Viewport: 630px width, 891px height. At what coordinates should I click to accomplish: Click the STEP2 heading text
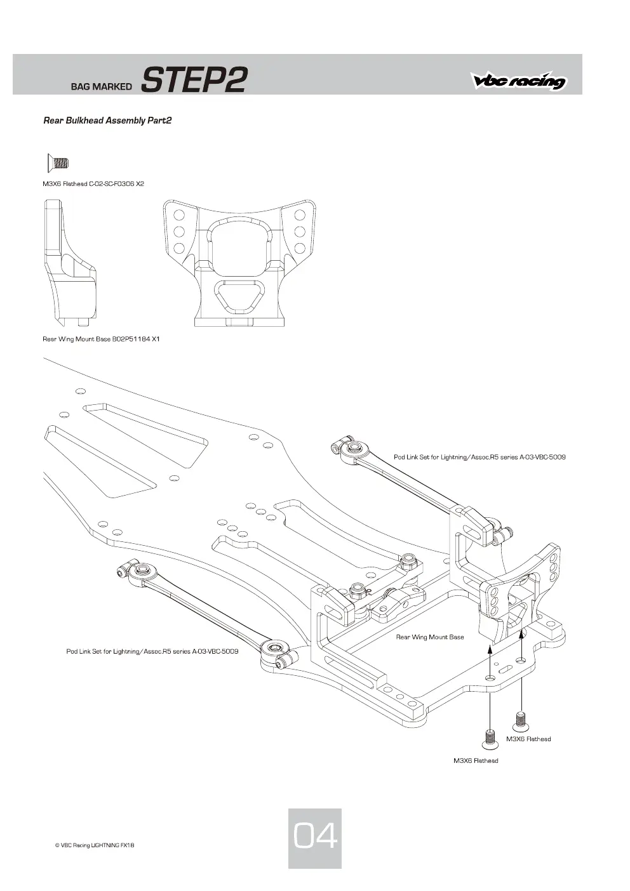point(194,79)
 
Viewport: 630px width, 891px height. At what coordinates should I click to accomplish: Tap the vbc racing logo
point(519,81)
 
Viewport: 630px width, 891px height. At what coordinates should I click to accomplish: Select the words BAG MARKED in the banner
point(101,86)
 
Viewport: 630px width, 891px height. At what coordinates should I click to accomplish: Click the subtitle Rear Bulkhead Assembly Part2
point(107,121)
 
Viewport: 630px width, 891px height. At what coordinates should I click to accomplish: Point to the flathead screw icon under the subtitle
point(58,162)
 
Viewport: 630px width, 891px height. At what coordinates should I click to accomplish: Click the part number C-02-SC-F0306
point(111,184)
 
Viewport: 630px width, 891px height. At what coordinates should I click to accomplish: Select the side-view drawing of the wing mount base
point(70,262)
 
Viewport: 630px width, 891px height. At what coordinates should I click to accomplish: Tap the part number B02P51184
point(131,339)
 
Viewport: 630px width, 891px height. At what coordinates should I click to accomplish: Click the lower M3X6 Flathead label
point(476,760)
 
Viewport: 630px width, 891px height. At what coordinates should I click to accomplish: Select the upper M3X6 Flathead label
point(528,739)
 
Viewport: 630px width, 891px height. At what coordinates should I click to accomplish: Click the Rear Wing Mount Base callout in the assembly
point(430,637)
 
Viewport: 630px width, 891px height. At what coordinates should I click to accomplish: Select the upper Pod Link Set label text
point(479,457)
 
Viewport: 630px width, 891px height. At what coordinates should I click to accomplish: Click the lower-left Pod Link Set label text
point(152,651)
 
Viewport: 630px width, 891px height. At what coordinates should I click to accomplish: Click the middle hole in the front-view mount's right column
point(299,232)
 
